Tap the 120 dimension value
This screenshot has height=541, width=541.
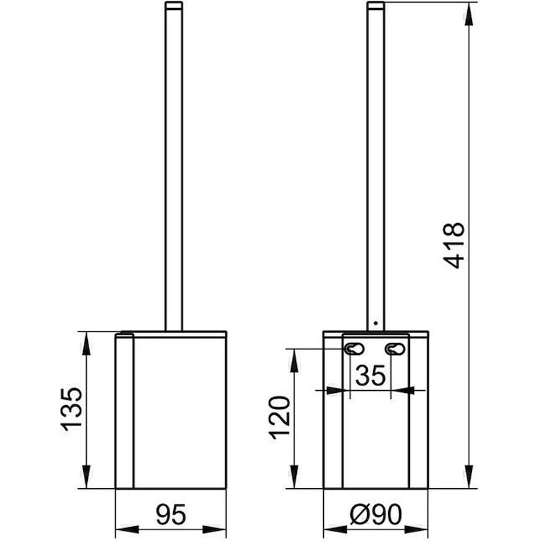[280, 417]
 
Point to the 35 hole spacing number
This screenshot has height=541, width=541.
[370, 377]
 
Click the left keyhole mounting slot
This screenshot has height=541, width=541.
[353, 349]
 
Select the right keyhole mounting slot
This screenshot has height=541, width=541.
[396, 349]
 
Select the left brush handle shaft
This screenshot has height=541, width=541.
[174, 169]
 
